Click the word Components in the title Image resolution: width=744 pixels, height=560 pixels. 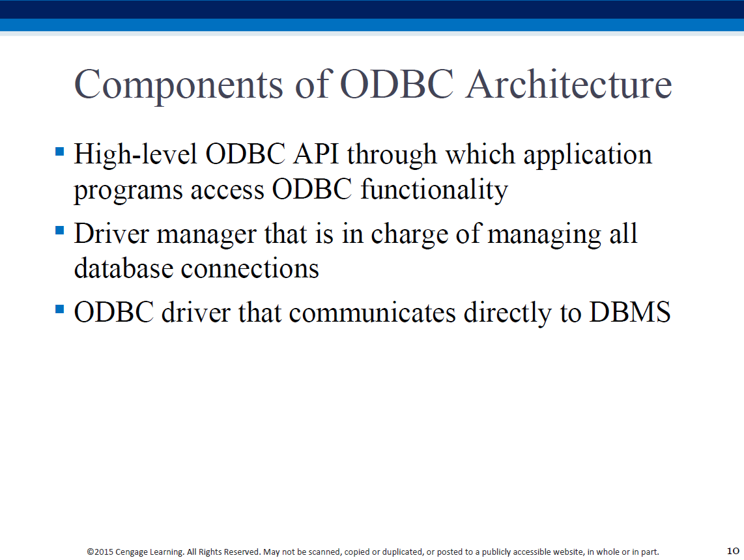(179, 85)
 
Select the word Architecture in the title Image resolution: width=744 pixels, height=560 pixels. (569, 84)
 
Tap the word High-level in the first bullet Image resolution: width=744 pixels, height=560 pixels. (136, 156)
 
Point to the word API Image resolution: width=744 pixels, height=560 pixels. (316, 154)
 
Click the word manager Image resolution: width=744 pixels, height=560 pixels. (207, 235)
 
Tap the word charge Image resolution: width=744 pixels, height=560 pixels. (410, 234)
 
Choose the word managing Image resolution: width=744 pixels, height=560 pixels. (544, 235)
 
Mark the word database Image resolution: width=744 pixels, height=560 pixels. (124, 268)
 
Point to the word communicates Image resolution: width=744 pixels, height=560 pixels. (372, 313)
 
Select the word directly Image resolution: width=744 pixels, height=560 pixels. (508, 313)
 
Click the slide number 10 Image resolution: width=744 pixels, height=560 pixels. (733, 550)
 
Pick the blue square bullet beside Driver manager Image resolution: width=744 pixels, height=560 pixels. (60, 231)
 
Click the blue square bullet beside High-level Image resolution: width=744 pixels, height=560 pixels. (60, 152)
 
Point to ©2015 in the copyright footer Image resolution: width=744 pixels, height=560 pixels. (100, 552)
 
